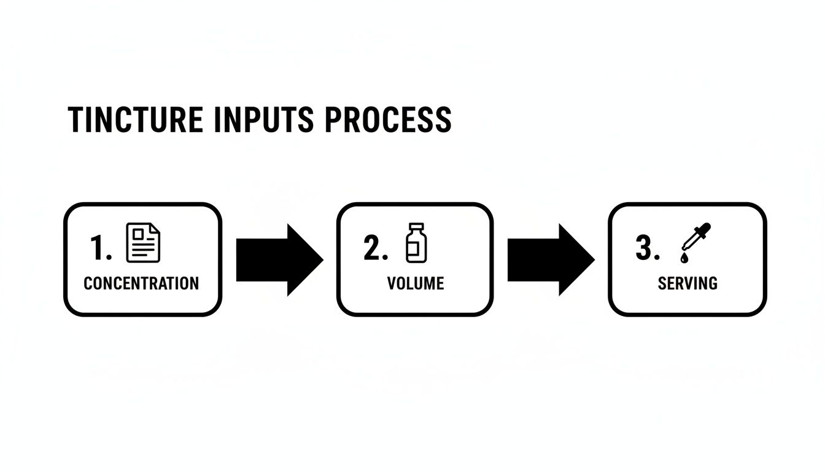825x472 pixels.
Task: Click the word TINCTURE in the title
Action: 134,120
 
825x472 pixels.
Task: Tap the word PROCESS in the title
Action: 388,120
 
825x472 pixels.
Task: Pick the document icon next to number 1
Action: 142,243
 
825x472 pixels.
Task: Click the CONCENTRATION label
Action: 141,283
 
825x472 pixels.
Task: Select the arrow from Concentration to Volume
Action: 279,260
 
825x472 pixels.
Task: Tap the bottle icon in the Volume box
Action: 416,243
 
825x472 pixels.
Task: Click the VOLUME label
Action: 416,283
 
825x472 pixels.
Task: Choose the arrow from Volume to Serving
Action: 551,260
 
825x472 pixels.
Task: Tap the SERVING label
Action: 687,283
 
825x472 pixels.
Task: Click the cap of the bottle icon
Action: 416,227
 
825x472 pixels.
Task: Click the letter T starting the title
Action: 76,120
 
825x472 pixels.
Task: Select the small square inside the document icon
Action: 137,233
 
